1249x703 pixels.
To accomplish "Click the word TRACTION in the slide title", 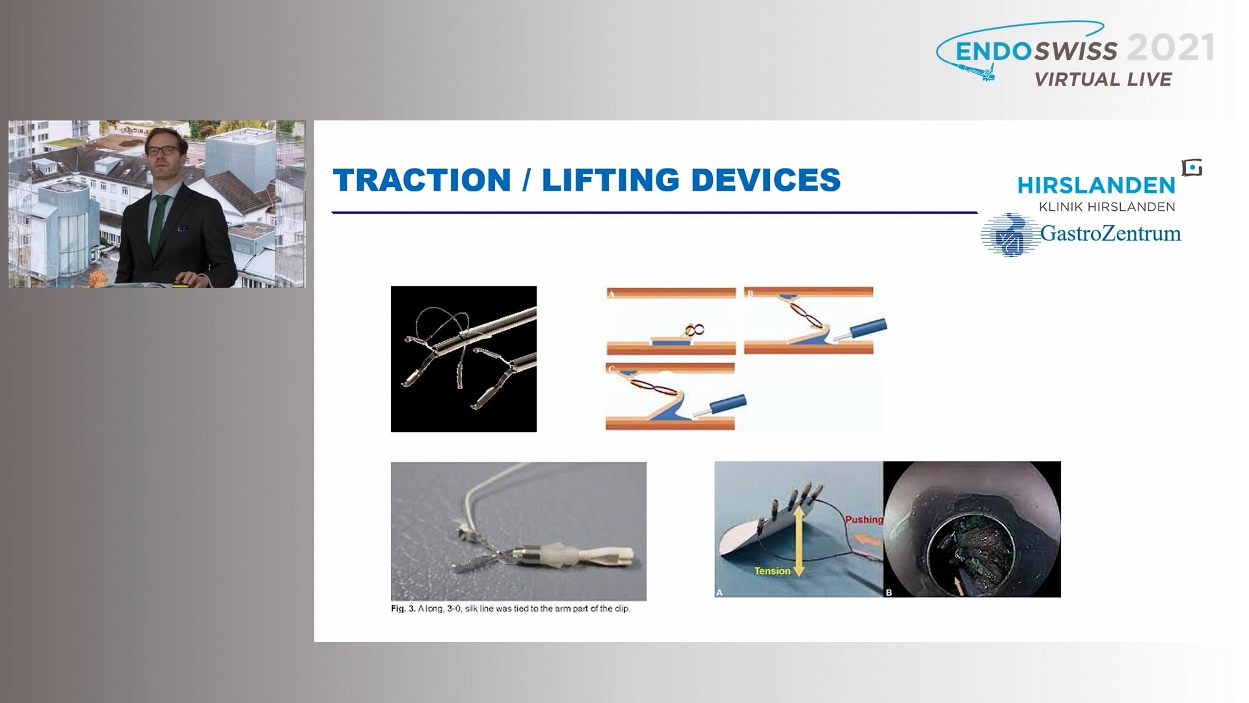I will pyautogui.click(x=422, y=180).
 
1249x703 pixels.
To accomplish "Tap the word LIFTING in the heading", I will pyautogui.click(x=611, y=180).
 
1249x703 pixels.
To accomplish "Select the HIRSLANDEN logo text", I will pyautogui.click(x=1096, y=186).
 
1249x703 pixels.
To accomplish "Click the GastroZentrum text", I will pyautogui.click(x=1110, y=233).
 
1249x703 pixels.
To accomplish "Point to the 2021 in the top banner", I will pyautogui.click(x=1170, y=48).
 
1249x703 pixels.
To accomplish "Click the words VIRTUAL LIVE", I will pyautogui.click(x=1103, y=79).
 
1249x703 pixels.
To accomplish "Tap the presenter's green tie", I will pyautogui.click(x=157, y=225).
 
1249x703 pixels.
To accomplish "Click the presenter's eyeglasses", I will pyautogui.click(x=163, y=150).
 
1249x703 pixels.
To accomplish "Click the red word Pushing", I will pyautogui.click(x=863, y=519).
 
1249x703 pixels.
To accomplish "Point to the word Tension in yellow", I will pyautogui.click(x=772, y=571).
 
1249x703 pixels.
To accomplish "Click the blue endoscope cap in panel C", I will pyautogui.click(x=727, y=404).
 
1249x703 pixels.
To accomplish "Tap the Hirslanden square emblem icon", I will pyautogui.click(x=1192, y=168).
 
